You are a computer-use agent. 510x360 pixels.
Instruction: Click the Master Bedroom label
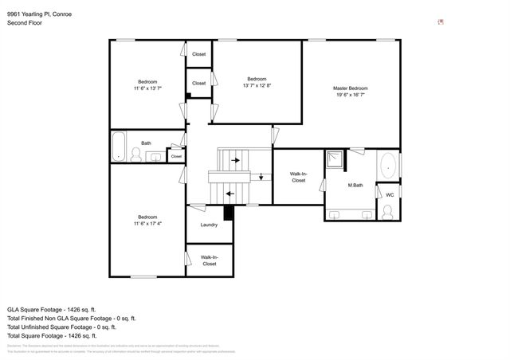pyautogui.click(x=350, y=88)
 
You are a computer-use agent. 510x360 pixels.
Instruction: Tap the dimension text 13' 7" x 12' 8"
pyautogui.click(x=257, y=85)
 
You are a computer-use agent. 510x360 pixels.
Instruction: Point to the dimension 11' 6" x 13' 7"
pyautogui.click(x=147, y=88)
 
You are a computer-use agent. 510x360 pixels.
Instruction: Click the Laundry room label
pyautogui.click(x=209, y=225)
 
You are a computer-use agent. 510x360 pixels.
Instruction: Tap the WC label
pyautogui.click(x=390, y=195)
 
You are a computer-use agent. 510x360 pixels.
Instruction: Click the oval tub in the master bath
pyautogui.click(x=388, y=167)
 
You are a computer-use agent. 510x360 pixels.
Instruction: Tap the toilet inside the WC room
pyautogui.click(x=387, y=212)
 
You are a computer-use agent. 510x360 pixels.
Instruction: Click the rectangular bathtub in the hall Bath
pyautogui.click(x=119, y=146)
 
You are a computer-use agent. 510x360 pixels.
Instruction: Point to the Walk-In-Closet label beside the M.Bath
pyautogui.click(x=298, y=177)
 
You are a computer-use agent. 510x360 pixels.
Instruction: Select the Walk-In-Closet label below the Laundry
pyautogui.click(x=209, y=260)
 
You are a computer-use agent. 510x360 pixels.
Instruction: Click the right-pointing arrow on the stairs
pyautogui.click(x=237, y=159)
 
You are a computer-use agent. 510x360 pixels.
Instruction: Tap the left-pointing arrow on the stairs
pyautogui.click(x=229, y=193)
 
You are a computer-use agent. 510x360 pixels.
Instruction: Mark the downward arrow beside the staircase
pyautogui.click(x=261, y=177)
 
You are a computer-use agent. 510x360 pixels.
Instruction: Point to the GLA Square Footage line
pyautogui.click(x=52, y=309)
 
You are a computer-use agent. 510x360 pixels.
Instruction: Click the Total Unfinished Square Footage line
pyautogui.click(x=61, y=327)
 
